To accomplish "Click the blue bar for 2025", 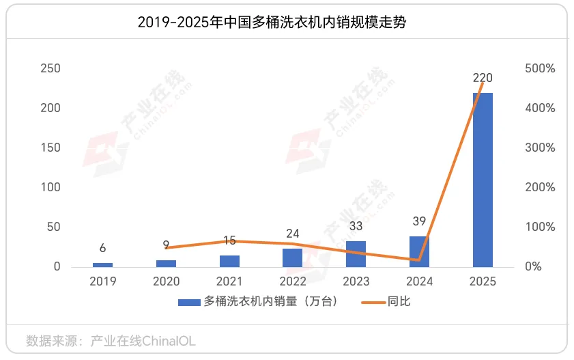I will (483, 180).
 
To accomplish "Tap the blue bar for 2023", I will (356, 253).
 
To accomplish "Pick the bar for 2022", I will (292, 258).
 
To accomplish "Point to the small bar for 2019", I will (102, 264).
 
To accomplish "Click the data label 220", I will (483, 78).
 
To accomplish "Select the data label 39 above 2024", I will (419, 221).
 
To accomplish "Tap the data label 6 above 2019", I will (102, 248).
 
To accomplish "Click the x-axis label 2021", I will (229, 281).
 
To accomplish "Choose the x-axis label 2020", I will (166, 281).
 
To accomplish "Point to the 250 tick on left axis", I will (51, 68).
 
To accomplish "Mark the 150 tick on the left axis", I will (51, 148).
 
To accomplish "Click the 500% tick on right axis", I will (540, 68).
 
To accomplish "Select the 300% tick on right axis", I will (540, 148).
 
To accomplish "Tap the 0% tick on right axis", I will (533, 266).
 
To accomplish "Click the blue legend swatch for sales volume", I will (189, 302).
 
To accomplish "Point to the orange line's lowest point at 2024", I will (419, 260).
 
